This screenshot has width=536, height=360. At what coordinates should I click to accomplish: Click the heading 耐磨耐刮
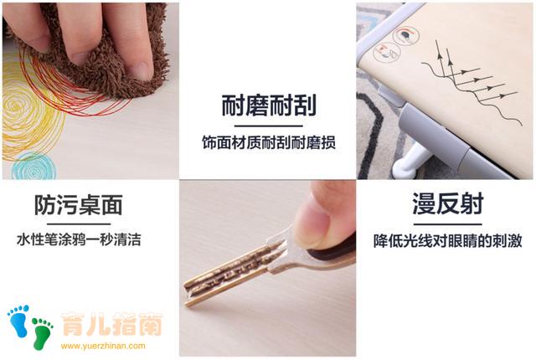tap(268, 106)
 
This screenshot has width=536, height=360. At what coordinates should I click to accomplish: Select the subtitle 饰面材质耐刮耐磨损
tap(268, 143)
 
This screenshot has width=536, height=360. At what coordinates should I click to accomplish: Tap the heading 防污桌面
tap(79, 205)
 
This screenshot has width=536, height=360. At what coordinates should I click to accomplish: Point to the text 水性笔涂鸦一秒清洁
tap(79, 240)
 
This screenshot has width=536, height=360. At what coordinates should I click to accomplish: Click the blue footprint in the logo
tap(18, 321)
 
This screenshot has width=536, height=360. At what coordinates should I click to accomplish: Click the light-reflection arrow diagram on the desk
tap(465, 80)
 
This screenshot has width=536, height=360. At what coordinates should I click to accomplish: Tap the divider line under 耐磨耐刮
tap(268, 125)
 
